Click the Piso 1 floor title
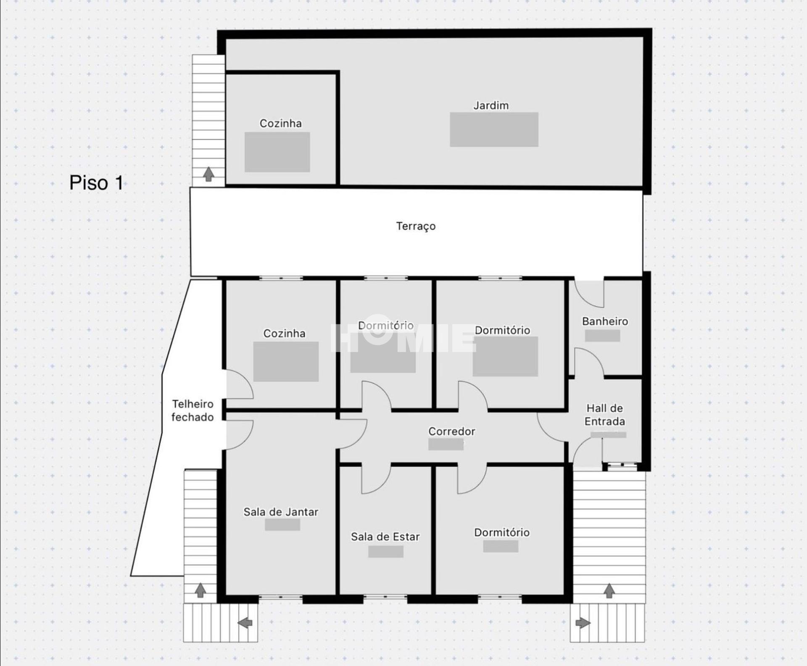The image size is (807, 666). coord(96,183)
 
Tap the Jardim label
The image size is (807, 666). coord(491,105)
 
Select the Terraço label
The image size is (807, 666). coord(416,226)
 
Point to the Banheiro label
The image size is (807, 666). coord(605,321)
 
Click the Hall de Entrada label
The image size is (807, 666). coord(605,415)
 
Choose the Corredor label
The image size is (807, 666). coord(452,432)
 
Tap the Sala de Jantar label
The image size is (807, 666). coord(281,512)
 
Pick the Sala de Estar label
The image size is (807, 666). coord(385,537)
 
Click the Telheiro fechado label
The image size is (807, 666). coord(193,411)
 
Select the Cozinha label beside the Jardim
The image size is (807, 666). coord(280,124)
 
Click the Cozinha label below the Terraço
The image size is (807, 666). coord(284,334)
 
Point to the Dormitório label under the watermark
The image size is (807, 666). coord(386,326)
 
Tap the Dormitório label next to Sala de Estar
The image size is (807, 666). coord(502,532)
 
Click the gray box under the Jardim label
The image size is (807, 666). coord(494,129)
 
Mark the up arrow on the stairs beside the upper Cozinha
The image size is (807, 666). coord(208,174)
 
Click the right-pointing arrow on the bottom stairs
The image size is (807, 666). coord(583,623)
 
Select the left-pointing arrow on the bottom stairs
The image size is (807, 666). coord(245,623)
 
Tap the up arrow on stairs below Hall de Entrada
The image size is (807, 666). coord(609,591)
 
